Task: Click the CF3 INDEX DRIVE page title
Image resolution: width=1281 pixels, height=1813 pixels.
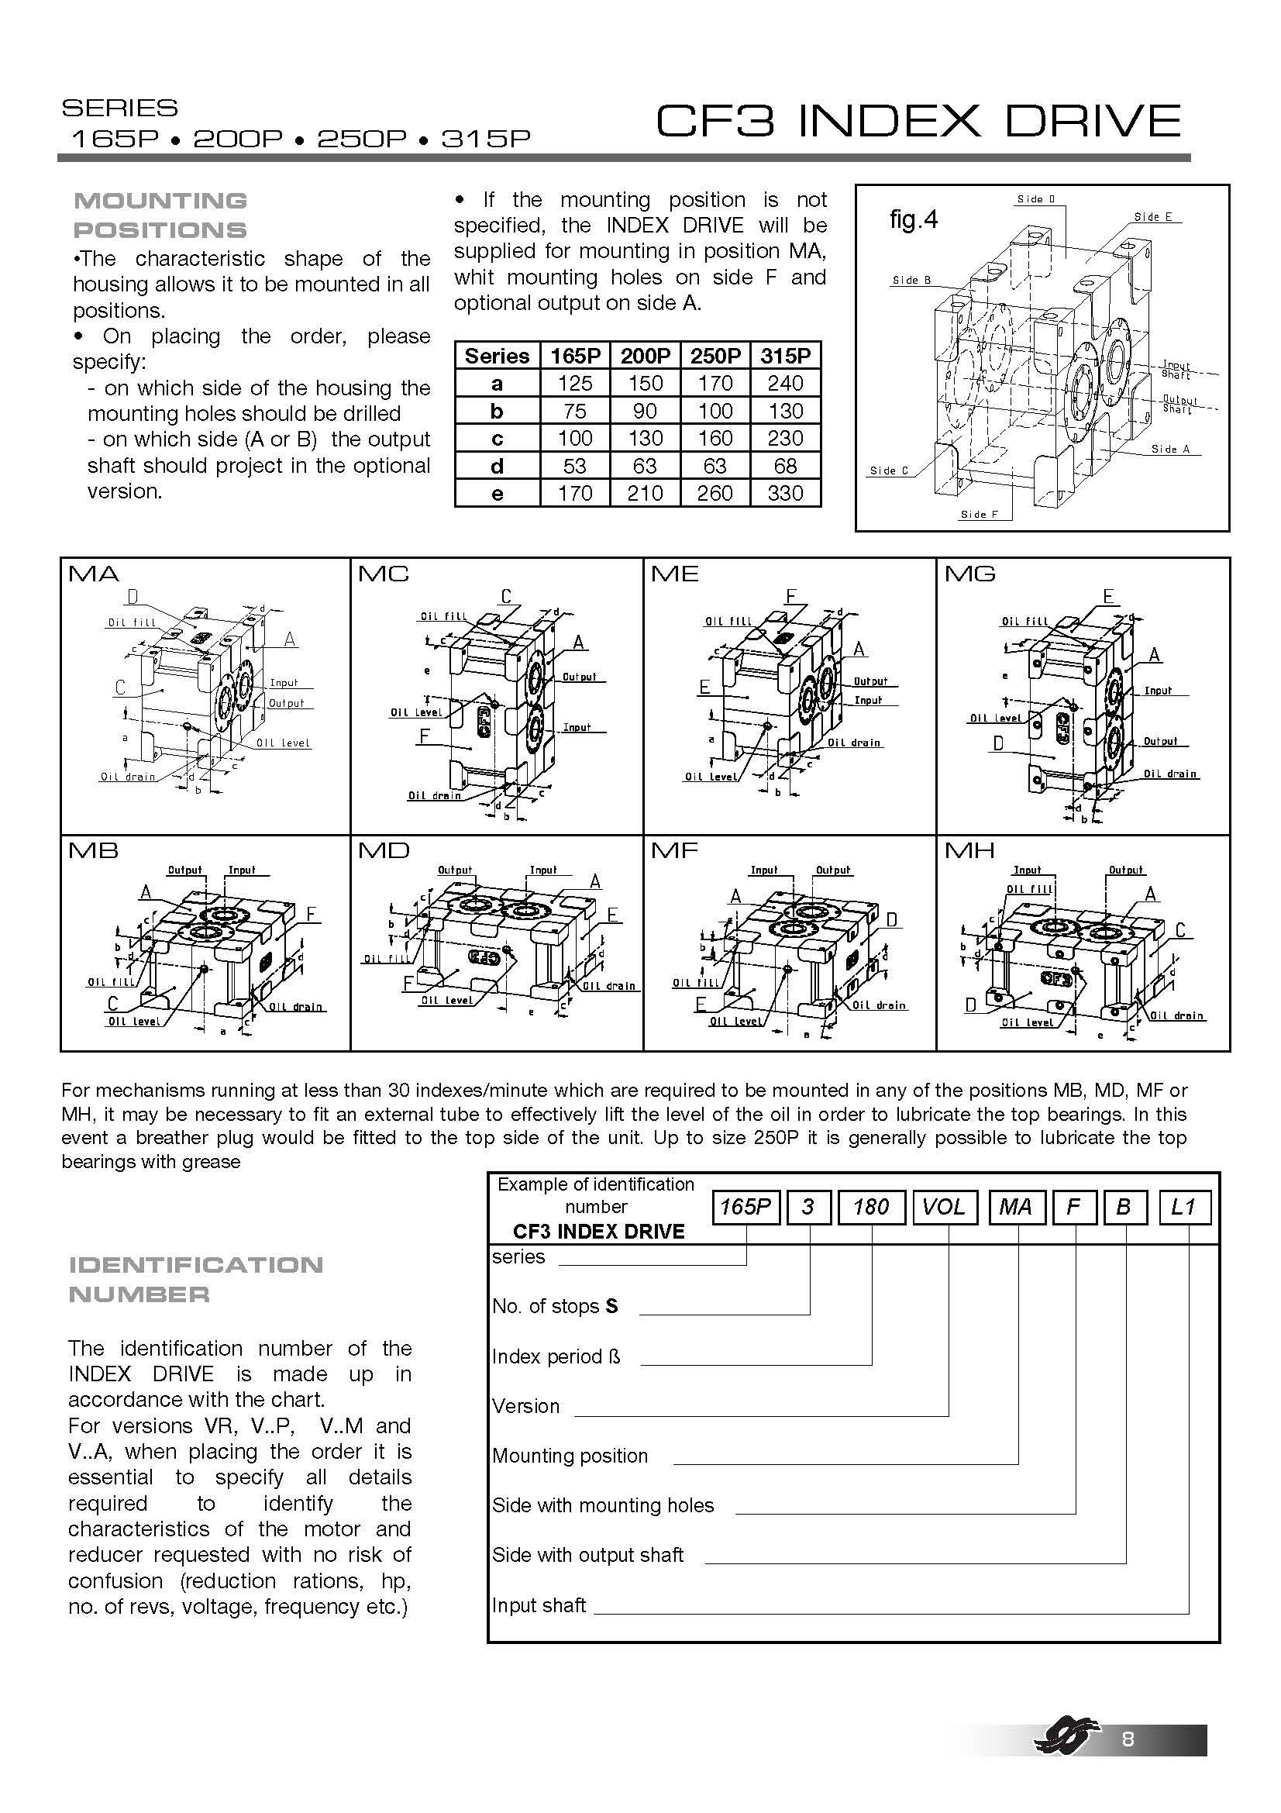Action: click(918, 122)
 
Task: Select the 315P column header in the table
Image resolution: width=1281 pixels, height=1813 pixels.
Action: click(785, 355)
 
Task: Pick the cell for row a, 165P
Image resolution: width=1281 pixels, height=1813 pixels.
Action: click(574, 384)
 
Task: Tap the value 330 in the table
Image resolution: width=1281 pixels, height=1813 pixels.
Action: click(785, 494)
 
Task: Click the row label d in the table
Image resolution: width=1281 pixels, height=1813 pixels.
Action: click(498, 466)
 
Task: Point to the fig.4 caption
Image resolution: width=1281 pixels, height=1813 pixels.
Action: click(913, 219)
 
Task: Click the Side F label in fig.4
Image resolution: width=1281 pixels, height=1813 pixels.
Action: click(979, 515)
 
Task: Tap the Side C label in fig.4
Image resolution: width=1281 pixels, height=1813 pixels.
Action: click(889, 470)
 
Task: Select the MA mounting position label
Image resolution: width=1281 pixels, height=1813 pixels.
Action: click(93, 574)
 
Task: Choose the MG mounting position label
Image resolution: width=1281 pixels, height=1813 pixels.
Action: click(970, 574)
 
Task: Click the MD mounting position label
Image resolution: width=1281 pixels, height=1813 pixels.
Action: click(384, 850)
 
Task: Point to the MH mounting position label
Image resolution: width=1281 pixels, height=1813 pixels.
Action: click(970, 850)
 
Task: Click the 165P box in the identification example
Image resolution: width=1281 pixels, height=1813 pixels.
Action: click(745, 1207)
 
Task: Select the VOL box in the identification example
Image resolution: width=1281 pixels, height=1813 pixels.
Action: click(944, 1207)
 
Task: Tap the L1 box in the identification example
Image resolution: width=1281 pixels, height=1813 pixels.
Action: click(1184, 1207)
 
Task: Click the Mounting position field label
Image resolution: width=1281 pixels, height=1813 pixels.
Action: click(570, 1456)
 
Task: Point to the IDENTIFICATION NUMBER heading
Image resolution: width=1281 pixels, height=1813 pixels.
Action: click(196, 1279)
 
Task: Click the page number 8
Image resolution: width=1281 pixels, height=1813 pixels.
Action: click(1127, 1739)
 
